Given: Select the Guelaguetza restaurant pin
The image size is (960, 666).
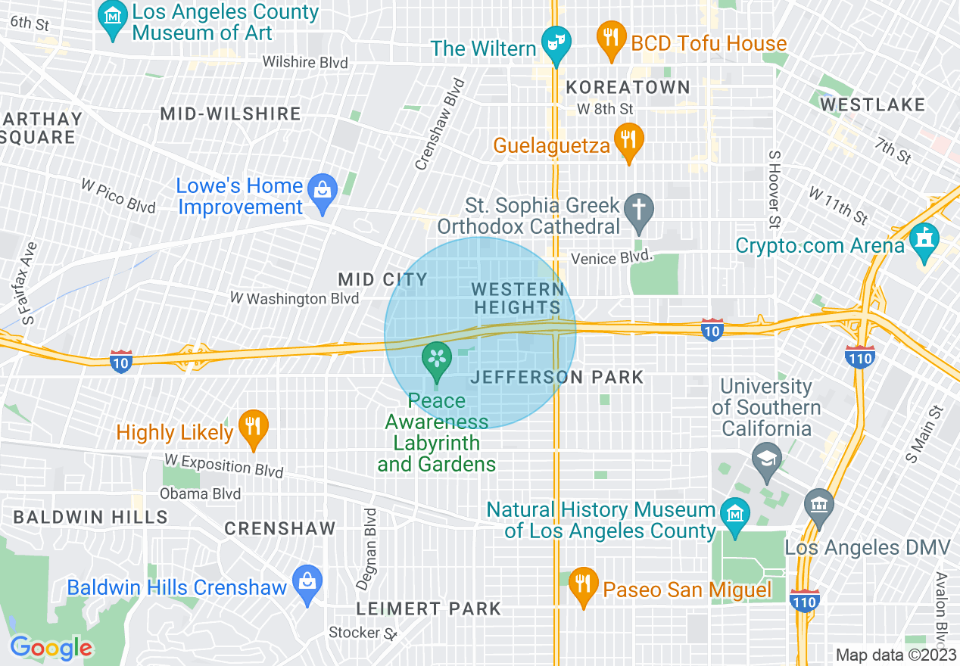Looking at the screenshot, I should pos(628,140).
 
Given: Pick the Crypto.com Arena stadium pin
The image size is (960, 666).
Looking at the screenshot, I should pos(924,241).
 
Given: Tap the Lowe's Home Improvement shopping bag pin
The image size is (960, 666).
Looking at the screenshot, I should pos(323,190).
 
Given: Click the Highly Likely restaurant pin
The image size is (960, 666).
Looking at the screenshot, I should pos(253,428).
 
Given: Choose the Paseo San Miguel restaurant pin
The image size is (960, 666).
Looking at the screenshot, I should pos(583,584).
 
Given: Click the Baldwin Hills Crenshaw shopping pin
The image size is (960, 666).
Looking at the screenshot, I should pos(307,584).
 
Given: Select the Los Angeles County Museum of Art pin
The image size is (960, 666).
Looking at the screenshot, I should pos(113,17).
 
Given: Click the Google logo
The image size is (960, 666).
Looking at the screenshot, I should pos(51,648).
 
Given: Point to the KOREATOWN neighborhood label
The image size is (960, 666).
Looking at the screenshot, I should pos(628,88).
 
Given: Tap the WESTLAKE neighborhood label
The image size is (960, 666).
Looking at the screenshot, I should pos(872,104).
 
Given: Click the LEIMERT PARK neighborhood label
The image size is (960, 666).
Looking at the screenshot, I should pos(429,608).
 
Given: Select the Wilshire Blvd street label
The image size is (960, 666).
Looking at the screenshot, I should pos(306,62).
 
